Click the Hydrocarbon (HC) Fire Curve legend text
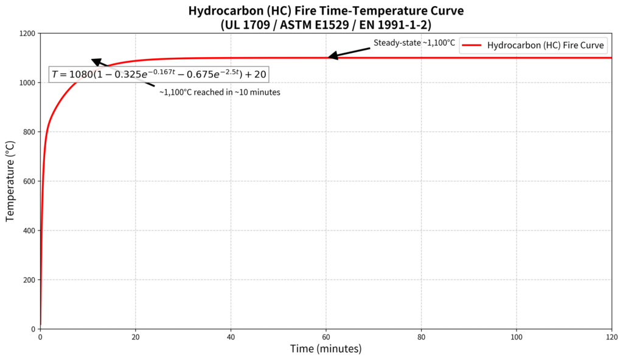coord(545,45)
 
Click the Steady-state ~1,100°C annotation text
coord(414,43)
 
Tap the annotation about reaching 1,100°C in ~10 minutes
coord(220,92)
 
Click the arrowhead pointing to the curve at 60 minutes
coord(332,57)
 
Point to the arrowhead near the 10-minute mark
coord(96,61)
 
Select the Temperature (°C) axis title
coord(10,181)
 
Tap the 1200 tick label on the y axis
coord(26,33)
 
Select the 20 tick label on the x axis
coord(136,336)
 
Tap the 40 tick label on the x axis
coord(231,336)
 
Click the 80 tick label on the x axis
coord(422,336)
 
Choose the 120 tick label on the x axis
coord(611,336)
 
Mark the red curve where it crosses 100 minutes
coord(517,58)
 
